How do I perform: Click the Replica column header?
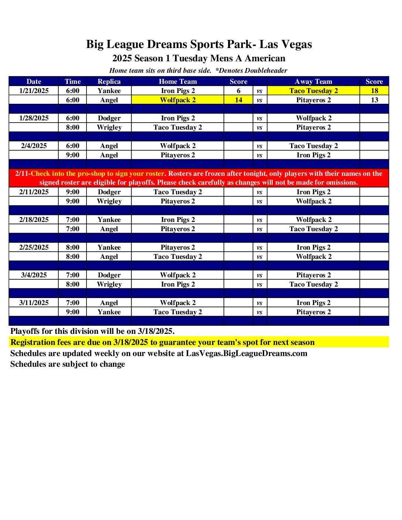tap(109, 82)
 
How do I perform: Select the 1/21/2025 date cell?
tap(34, 91)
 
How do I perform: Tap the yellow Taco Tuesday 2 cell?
tap(313, 91)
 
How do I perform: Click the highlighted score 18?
tap(374, 91)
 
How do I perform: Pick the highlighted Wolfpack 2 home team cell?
tap(178, 100)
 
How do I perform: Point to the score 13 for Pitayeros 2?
tap(374, 100)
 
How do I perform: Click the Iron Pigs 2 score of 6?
tap(238, 91)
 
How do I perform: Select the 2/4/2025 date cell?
tap(34, 146)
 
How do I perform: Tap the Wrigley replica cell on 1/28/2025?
tap(109, 127)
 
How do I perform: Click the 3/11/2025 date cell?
tap(34, 303)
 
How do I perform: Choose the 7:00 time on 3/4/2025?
tap(72, 275)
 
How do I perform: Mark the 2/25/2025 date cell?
tap(34, 247)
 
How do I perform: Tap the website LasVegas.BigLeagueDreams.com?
tap(246, 353)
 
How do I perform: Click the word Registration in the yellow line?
tap(35, 342)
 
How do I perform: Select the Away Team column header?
tap(313, 82)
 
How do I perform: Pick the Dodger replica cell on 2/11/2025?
tap(109, 192)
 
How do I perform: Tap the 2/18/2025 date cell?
tap(34, 220)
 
